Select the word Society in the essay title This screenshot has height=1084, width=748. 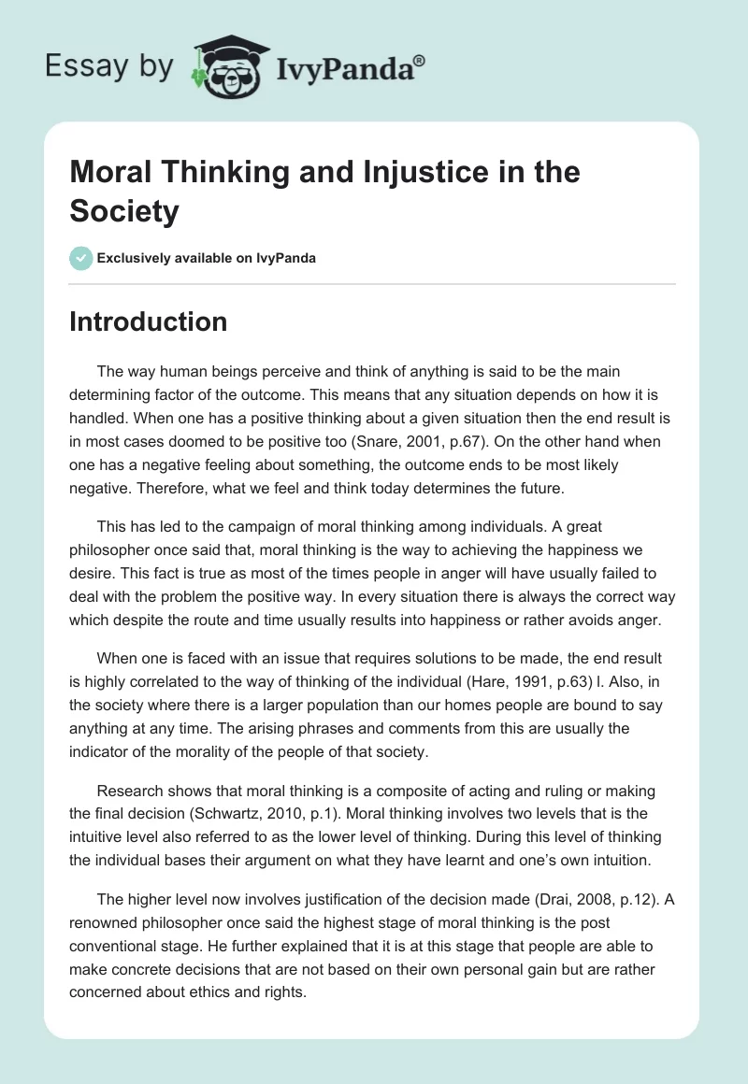pyautogui.click(x=124, y=211)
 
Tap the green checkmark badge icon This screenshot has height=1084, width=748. pyautogui.click(x=80, y=258)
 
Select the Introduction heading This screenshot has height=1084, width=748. pyautogui.click(x=149, y=321)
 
